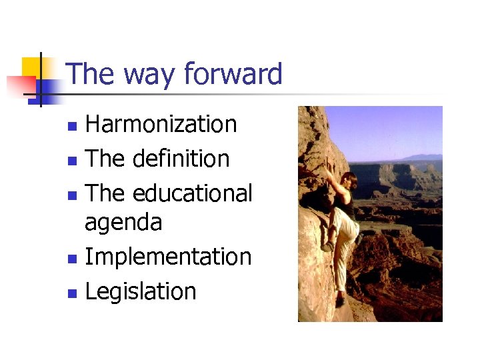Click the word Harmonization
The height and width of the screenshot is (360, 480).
(x=161, y=124)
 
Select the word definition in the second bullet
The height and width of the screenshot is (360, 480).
(x=181, y=159)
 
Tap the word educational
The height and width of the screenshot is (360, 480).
(x=193, y=193)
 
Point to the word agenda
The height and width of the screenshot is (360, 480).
(x=123, y=222)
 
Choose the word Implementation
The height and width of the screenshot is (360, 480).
(x=168, y=257)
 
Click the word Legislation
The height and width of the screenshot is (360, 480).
(x=140, y=291)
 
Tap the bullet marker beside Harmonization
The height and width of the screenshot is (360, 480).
(x=74, y=125)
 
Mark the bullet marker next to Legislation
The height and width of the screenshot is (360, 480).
(x=74, y=293)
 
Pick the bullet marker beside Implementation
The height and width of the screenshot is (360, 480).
(x=74, y=258)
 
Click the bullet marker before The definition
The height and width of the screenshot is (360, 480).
(x=74, y=160)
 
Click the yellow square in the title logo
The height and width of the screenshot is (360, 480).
(x=31, y=67)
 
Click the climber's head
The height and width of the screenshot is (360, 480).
(x=348, y=181)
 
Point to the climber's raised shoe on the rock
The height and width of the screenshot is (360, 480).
(x=327, y=247)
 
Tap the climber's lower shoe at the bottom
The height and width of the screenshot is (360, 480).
(x=340, y=301)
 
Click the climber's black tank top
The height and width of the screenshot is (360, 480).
(x=345, y=203)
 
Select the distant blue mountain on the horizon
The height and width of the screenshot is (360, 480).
(x=424, y=157)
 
